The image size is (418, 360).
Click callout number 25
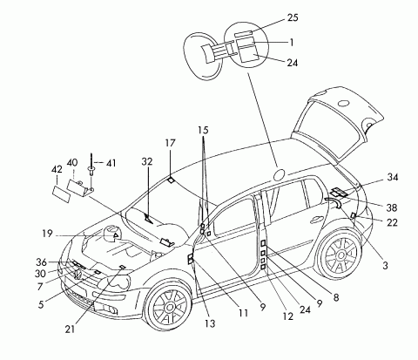(x=293, y=17)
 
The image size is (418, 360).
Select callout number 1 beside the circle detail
(x=292, y=43)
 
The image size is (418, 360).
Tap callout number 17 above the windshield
(x=171, y=143)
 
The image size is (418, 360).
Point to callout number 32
(x=147, y=161)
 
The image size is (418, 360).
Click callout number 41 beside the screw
(x=111, y=163)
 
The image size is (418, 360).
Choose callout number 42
(x=57, y=169)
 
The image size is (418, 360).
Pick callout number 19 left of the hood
(x=47, y=234)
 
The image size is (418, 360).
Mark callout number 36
(x=41, y=262)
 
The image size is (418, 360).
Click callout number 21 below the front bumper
(x=70, y=329)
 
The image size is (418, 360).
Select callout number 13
(x=210, y=323)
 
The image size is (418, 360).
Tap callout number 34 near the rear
(x=393, y=177)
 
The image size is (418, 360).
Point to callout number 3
(x=385, y=266)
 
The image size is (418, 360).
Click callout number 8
(x=336, y=297)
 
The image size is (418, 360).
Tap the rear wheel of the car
(x=341, y=255)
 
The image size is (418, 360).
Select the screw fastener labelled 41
(x=91, y=165)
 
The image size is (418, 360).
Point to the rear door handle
(x=317, y=220)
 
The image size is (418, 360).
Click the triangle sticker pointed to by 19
(x=116, y=235)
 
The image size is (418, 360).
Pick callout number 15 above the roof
(x=204, y=130)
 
